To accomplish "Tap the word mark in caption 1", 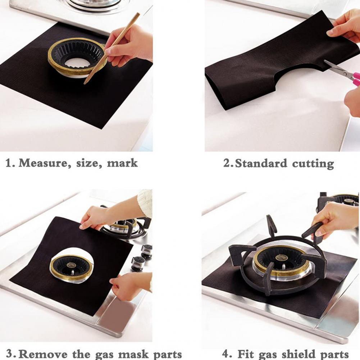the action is (x=122, y=163).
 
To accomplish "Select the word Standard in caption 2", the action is (x=261, y=163).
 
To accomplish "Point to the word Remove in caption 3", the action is (x=44, y=354).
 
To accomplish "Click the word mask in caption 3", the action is (x=133, y=354).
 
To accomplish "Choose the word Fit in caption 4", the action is (x=245, y=354).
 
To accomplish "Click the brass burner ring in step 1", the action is (x=77, y=58).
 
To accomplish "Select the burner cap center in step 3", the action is (x=72, y=265).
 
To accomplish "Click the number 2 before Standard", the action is (x=227, y=163).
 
